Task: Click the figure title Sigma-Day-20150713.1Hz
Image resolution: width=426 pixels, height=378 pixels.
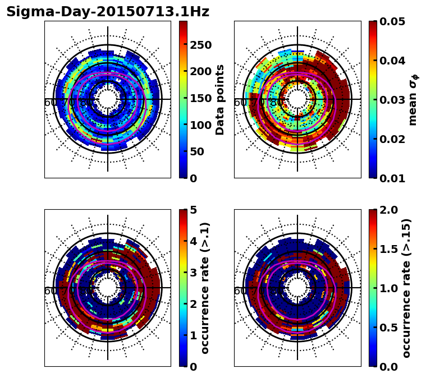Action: [108, 12]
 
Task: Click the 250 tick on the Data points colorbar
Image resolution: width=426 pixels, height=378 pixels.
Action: [200, 45]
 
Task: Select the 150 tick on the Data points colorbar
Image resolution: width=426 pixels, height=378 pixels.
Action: [200, 98]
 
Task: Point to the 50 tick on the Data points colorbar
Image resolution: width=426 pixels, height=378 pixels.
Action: [197, 151]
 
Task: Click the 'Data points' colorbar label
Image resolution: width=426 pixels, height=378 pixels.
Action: [220, 99]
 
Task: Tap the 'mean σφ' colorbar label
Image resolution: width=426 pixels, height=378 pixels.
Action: [413, 100]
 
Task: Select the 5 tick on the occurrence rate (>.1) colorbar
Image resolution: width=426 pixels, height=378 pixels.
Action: [194, 210]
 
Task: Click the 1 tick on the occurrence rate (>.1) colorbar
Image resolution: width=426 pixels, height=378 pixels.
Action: [194, 335]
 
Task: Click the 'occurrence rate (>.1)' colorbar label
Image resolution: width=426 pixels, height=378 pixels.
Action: [205, 288]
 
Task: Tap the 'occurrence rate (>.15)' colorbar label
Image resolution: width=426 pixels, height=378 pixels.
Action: [406, 288]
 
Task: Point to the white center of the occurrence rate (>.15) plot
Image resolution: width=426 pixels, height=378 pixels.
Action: [297, 288]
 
